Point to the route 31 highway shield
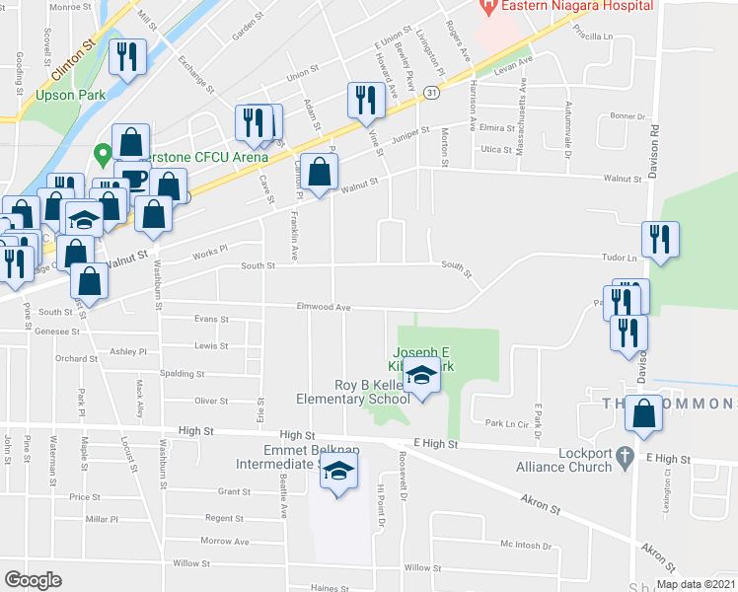click(x=432, y=92)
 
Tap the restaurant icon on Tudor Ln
click(x=659, y=240)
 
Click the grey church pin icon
click(x=624, y=457)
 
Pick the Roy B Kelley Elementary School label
click(x=353, y=393)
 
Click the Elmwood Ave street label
click(x=325, y=307)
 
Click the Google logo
click(x=33, y=579)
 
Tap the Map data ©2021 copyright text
click(x=695, y=584)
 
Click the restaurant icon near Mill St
click(x=128, y=56)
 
